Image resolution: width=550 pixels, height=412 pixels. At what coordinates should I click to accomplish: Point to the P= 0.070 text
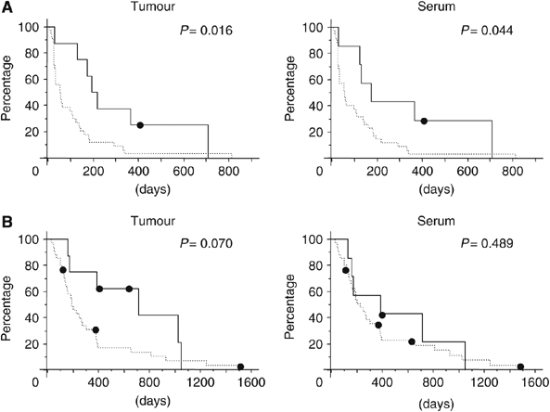tap(210, 247)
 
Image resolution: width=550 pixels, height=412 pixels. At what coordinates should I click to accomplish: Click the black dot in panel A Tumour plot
tap(140, 125)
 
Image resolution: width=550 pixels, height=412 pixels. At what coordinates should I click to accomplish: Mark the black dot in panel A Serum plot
tap(424, 122)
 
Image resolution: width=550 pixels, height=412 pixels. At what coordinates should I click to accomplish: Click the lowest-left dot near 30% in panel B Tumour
tap(96, 330)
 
